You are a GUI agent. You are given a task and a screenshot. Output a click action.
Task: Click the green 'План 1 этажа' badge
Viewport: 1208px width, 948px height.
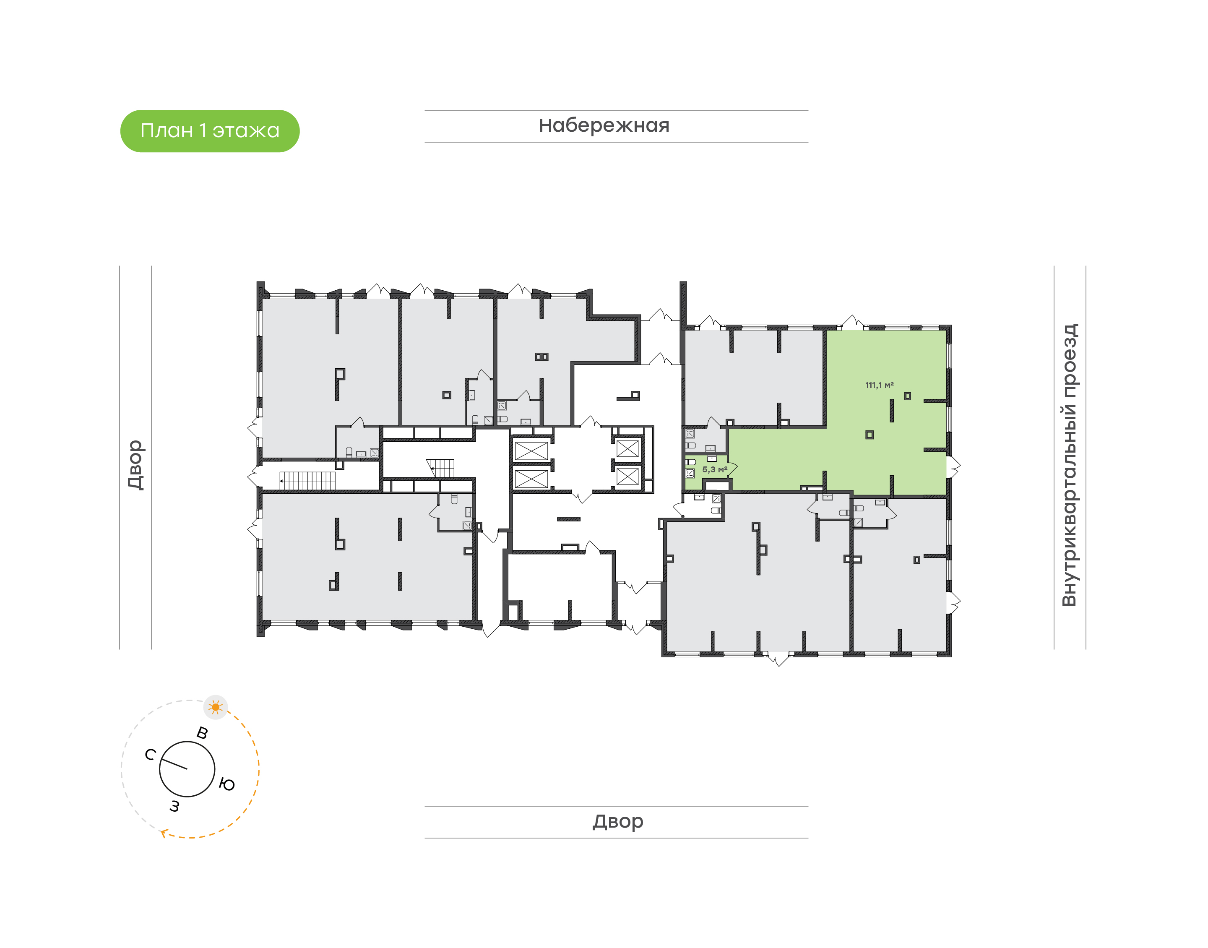pyautogui.click(x=210, y=131)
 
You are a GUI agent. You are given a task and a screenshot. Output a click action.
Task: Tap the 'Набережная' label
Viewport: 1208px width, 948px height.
pyautogui.click(x=604, y=125)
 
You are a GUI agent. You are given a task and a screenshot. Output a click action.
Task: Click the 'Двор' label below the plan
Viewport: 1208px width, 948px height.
pyautogui.click(x=617, y=821)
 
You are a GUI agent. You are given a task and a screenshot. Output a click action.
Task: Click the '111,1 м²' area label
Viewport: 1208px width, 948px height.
pyautogui.click(x=879, y=385)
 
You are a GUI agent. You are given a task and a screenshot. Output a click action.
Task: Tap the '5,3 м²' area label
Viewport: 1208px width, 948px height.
pyautogui.click(x=714, y=469)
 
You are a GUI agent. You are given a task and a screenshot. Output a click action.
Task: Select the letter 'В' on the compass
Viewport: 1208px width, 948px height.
pyautogui.click(x=203, y=733)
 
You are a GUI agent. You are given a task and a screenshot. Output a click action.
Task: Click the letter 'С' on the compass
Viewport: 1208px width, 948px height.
pyautogui.click(x=150, y=754)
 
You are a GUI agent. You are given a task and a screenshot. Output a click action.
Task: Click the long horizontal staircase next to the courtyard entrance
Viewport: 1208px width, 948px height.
pyautogui.click(x=307, y=481)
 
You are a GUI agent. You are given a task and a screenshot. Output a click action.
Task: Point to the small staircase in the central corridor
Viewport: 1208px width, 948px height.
pyautogui.click(x=442, y=467)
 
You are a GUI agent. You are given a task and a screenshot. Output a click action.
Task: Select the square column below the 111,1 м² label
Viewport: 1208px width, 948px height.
pyautogui.click(x=869, y=435)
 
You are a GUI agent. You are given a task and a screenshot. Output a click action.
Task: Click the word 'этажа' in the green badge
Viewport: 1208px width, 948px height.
pyautogui.click(x=246, y=131)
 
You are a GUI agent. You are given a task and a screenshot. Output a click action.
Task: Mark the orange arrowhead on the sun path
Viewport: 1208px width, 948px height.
pyautogui.click(x=164, y=833)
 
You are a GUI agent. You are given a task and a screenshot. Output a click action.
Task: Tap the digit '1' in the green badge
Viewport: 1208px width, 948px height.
pyautogui.click(x=203, y=131)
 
